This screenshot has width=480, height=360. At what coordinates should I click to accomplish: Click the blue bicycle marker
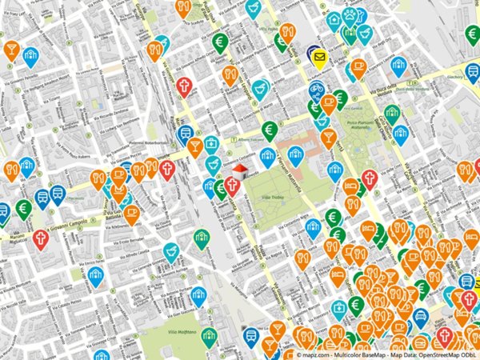317,89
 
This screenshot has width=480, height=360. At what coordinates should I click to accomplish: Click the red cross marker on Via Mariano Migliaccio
40,238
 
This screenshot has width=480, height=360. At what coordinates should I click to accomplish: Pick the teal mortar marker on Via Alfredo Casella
170,252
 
